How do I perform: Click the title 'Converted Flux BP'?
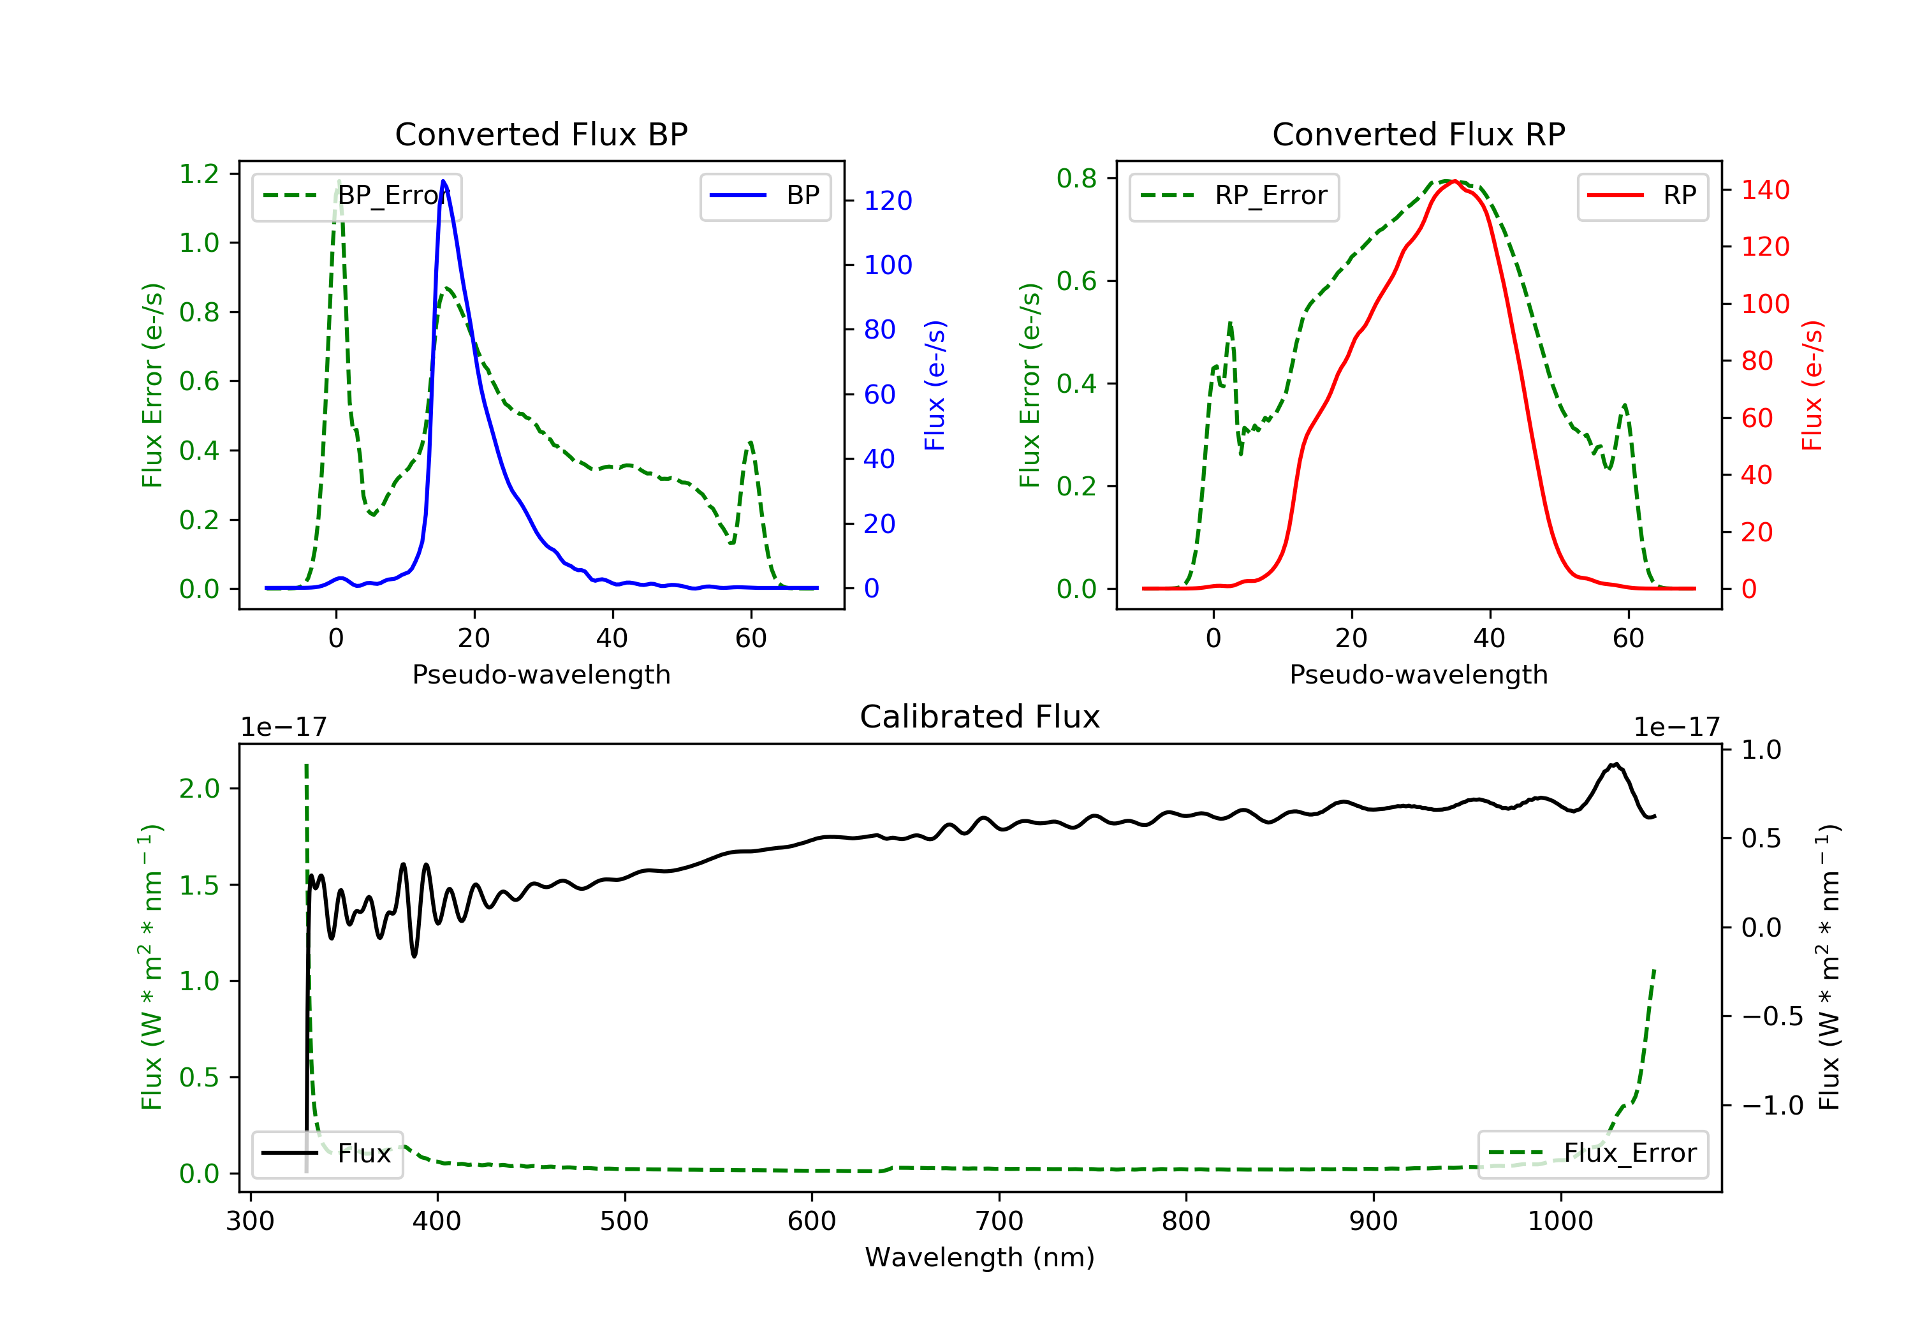(541, 134)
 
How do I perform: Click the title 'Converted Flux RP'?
(1418, 134)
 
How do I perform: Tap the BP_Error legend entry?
(356, 196)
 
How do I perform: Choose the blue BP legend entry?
(765, 196)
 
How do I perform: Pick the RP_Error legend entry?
(1234, 196)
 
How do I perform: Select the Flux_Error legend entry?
(1592, 1153)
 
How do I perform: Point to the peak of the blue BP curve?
(443, 181)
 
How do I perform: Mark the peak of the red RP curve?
(1454, 181)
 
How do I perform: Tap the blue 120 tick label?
(888, 201)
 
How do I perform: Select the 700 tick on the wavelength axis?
(999, 1222)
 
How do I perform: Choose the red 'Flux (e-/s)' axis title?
(1813, 385)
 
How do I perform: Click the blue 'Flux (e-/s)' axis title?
(935, 385)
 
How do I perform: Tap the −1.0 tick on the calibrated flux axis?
(1772, 1106)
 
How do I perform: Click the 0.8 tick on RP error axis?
(1076, 179)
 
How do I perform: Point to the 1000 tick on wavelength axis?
(1560, 1222)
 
